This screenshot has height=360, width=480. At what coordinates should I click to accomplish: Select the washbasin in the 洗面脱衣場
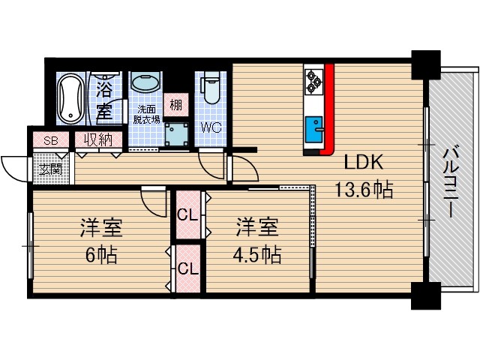pos(144,83)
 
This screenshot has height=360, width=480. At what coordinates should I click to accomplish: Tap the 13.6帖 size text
pos(364,190)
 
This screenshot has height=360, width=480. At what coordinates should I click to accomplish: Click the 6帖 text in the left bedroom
pos(102,255)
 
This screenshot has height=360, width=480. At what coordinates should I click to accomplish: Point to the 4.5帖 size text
pos(255,255)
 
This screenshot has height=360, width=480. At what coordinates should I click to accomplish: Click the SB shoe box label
pos(50,140)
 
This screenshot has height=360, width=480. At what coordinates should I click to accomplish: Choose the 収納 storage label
pos(97,139)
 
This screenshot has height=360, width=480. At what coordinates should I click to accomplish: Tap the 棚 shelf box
pos(175,105)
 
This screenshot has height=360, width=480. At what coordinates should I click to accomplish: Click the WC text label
pos(211,127)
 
